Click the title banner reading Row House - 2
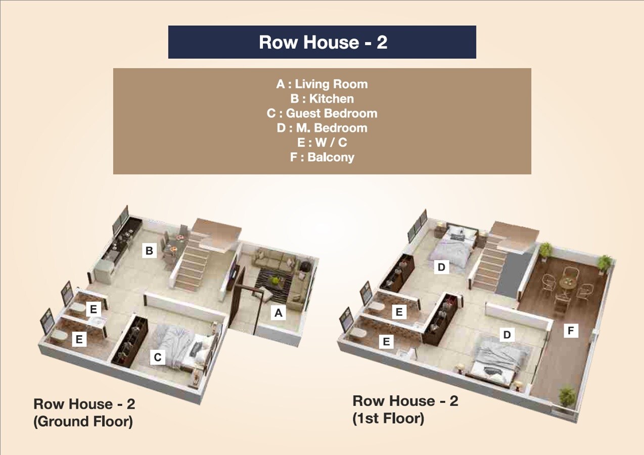click(323, 42)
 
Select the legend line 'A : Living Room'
click(322, 84)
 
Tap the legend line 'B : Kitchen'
click(322, 99)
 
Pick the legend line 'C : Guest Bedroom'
click(322, 113)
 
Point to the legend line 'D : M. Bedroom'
click(322, 128)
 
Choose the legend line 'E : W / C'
click(322, 143)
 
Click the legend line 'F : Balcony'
click(322, 157)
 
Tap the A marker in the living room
click(278, 313)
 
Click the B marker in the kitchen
click(149, 251)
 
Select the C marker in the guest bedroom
click(158, 357)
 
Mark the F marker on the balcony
click(571, 331)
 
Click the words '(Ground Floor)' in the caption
click(83, 421)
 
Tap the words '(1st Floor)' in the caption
click(388, 419)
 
